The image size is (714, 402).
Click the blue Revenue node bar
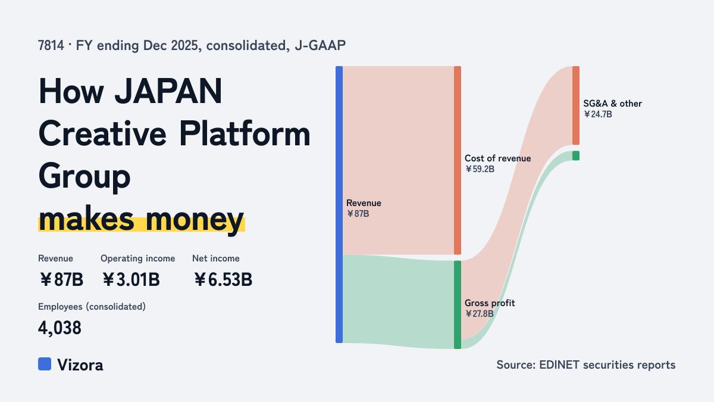(x=339, y=204)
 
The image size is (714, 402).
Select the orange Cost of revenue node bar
(x=458, y=160)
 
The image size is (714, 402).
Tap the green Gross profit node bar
(x=458, y=305)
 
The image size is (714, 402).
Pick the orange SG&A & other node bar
(x=576, y=105)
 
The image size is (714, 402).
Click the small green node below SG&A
(x=576, y=155)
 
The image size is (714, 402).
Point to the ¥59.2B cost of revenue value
(x=480, y=169)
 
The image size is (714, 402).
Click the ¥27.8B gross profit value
(x=479, y=314)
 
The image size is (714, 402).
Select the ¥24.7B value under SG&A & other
(x=598, y=114)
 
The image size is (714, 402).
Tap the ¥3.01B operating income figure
(x=131, y=279)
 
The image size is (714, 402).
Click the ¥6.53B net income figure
(x=223, y=279)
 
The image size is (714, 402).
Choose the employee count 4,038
(x=59, y=328)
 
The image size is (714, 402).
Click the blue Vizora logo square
(x=45, y=364)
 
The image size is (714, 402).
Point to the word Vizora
(x=80, y=365)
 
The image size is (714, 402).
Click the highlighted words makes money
(x=141, y=220)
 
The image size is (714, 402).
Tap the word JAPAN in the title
(x=168, y=91)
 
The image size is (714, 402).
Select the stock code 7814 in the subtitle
(x=51, y=46)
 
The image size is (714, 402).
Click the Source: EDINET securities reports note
(x=586, y=364)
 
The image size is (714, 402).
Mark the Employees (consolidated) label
(x=92, y=307)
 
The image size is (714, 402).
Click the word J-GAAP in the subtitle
(x=320, y=46)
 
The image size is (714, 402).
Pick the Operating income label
(x=137, y=258)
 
